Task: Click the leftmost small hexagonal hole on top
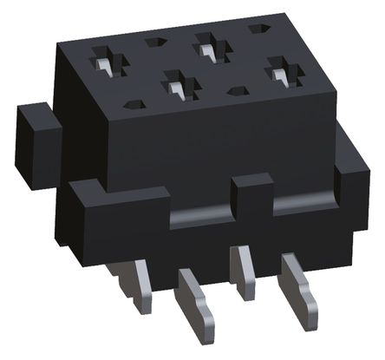(x=132, y=105)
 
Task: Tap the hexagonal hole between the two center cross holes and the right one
(x=236, y=88)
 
